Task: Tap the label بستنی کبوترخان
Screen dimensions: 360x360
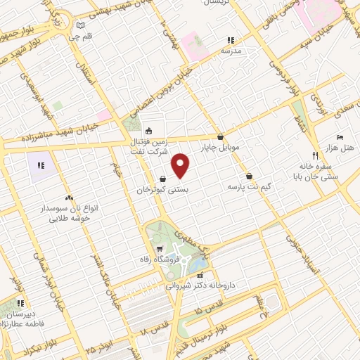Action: pos(163,190)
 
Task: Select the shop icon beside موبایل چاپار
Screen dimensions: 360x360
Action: pos(221,137)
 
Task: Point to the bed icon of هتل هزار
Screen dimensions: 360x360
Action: pos(340,137)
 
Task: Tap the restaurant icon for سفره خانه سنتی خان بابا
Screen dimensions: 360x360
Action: pos(314,155)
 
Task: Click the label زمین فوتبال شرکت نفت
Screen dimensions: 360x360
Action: pos(148,145)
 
